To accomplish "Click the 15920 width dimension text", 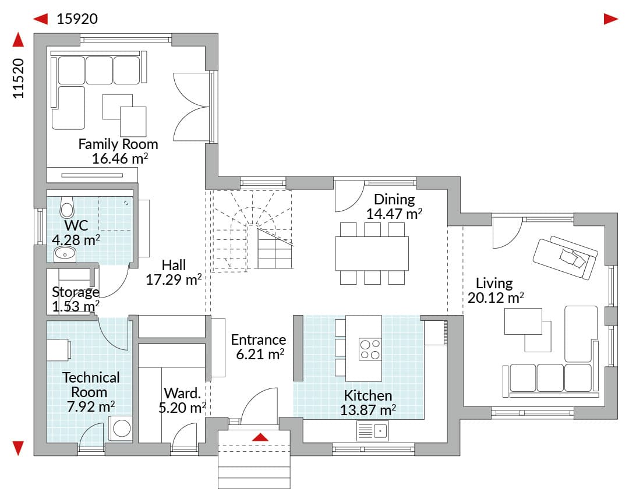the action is click(77, 19).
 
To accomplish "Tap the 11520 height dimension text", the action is click(19, 78).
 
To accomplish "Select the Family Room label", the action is click(118, 144).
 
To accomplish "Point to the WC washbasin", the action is click(65, 254).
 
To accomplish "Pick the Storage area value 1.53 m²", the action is click(76, 306).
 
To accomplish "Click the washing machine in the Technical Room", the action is click(121, 429).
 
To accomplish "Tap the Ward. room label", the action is click(182, 393).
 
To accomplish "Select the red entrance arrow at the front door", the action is click(260, 437).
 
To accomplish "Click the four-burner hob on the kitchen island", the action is click(370, 349).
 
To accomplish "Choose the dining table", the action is click(372, 253).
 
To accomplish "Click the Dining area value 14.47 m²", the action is click(394, 214).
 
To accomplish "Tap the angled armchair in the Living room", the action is click(565, 257).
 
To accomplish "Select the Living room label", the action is click(494, 283).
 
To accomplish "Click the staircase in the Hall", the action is click(252, 229).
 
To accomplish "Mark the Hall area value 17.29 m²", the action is click(174, 279).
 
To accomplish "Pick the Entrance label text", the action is click(259, 340).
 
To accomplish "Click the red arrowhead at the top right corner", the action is click(611, 19).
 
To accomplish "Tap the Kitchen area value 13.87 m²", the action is click(368, 410).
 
